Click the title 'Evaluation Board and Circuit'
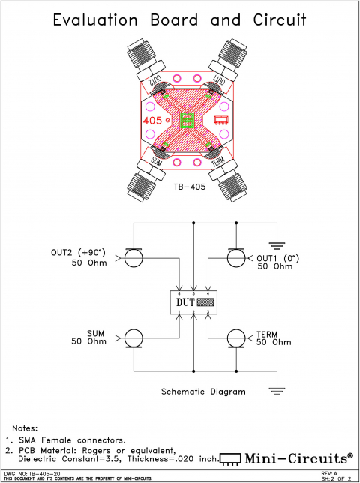click(x=180, y=20)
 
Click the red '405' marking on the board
click(x=153, y=119)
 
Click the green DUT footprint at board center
click(x=187, y=119)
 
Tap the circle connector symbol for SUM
click(x=134, y=337)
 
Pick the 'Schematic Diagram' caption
click(x=203, y=391)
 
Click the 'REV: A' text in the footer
click(x=329, y=474)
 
